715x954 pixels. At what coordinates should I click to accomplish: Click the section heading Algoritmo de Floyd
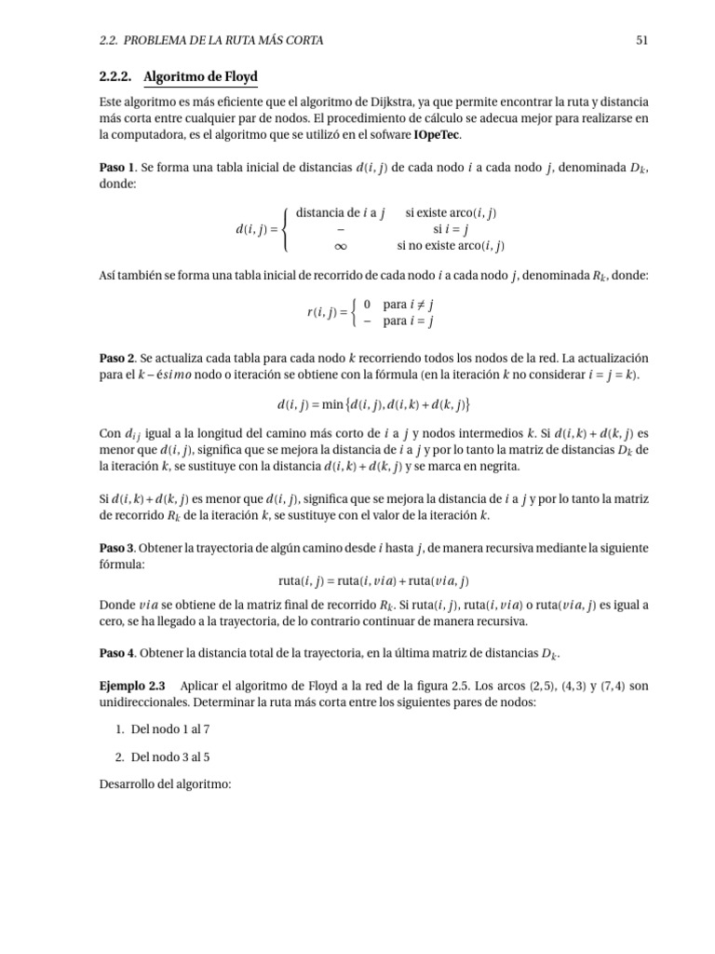click(201, 76)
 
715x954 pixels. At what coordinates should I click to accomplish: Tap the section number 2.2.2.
click(116, 76)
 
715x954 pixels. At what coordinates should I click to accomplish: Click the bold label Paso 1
click(117, 169)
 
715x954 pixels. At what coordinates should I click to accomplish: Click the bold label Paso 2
click(117, 358)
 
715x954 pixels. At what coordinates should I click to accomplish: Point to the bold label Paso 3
click(117, 547)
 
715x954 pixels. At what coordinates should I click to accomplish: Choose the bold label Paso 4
click(117, 651)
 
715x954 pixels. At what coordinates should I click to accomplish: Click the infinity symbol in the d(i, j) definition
click(340, 246)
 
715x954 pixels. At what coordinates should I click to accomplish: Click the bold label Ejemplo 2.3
click(131, 686)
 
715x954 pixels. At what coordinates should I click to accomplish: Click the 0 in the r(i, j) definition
click(368, 305)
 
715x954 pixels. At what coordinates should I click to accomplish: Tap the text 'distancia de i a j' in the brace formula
click(340, 212)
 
